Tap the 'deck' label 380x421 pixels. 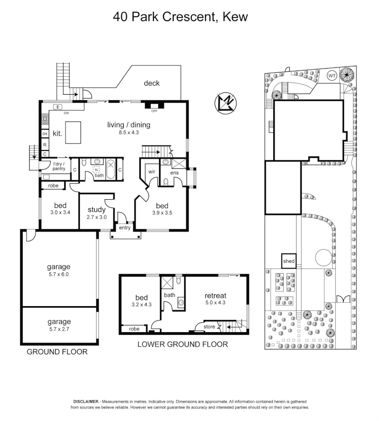click(x=152, y=83)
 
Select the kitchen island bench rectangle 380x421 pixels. click(x=73, y=128)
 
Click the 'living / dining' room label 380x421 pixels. click(x=129, y=125)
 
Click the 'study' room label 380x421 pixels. click(x=96, y=210)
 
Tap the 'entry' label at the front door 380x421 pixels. click(x=125, y=228)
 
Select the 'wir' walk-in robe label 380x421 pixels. click(x=152, y=171)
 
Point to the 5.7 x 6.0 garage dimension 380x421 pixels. click(x=59, y=274)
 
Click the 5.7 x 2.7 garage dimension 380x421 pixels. click(x=59, y=329)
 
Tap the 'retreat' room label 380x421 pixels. click(x=215, y=295)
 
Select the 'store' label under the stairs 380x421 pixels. click(x=210, y=327)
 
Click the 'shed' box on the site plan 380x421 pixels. click(x=289, y=261)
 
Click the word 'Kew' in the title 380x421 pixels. click(x=235, y=17)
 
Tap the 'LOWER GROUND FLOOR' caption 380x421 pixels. click(x=182, y=344)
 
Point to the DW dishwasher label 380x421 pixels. click(x=66, y=113)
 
